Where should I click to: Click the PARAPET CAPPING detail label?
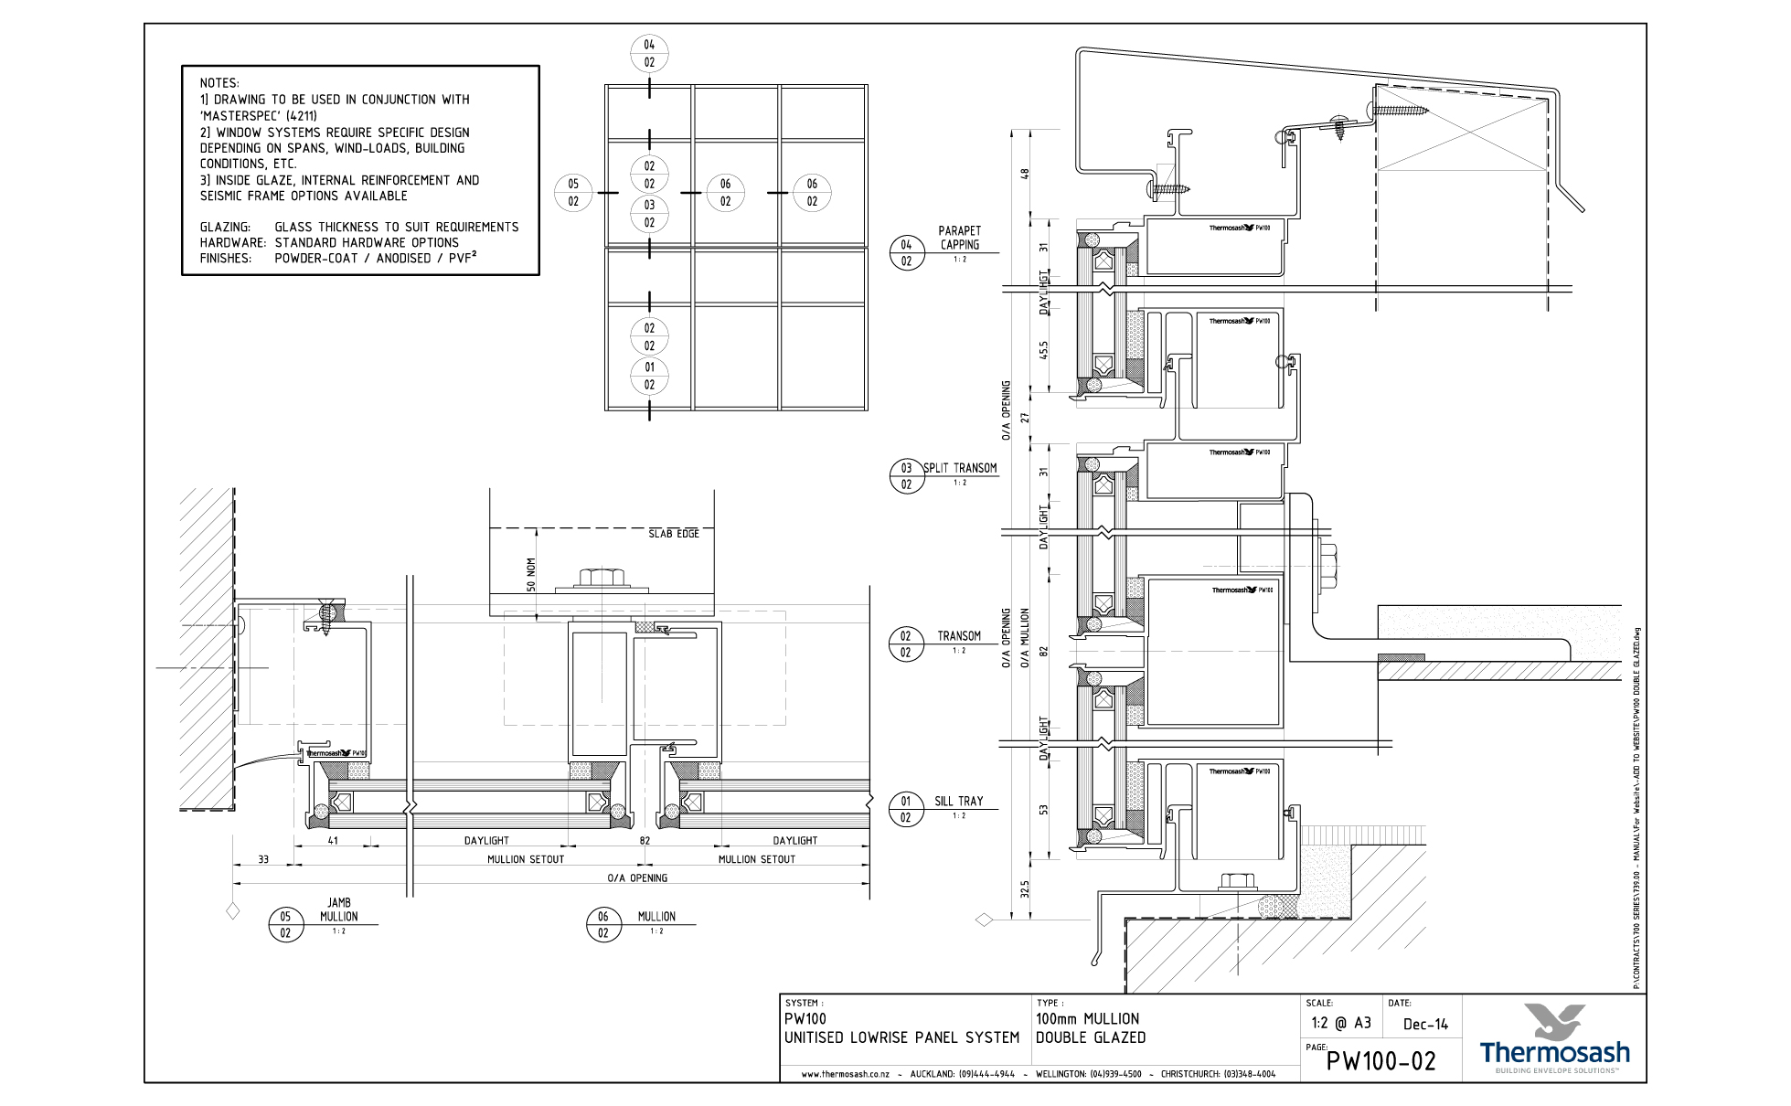coord(959,238)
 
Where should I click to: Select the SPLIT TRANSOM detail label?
coord(959,468)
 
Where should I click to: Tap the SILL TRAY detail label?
coord(958,802)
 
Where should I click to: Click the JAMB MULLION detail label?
coord(339,909)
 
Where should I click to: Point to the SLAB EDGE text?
coord(674,533)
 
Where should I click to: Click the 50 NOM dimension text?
coord(531,575)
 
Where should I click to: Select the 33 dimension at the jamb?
coord(263,859)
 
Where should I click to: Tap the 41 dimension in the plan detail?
coord(333,840)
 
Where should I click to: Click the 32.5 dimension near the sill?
coord(1025,889)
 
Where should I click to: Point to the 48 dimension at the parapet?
coord(1025,173)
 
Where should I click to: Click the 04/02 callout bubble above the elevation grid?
coord(649,54)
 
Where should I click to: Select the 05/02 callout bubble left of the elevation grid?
coord(573,193)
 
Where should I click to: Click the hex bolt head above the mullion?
coord(602,578)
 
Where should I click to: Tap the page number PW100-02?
coord(1381,1061)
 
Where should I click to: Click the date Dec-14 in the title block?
coord(1425,1025)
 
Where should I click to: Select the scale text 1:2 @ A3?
coord(1340,1024)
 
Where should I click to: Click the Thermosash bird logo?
coord(1555,1020)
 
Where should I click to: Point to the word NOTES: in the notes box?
coord(219,83)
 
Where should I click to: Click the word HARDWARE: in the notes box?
coord(232,243)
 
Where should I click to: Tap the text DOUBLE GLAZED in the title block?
coord(1090,1037)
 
